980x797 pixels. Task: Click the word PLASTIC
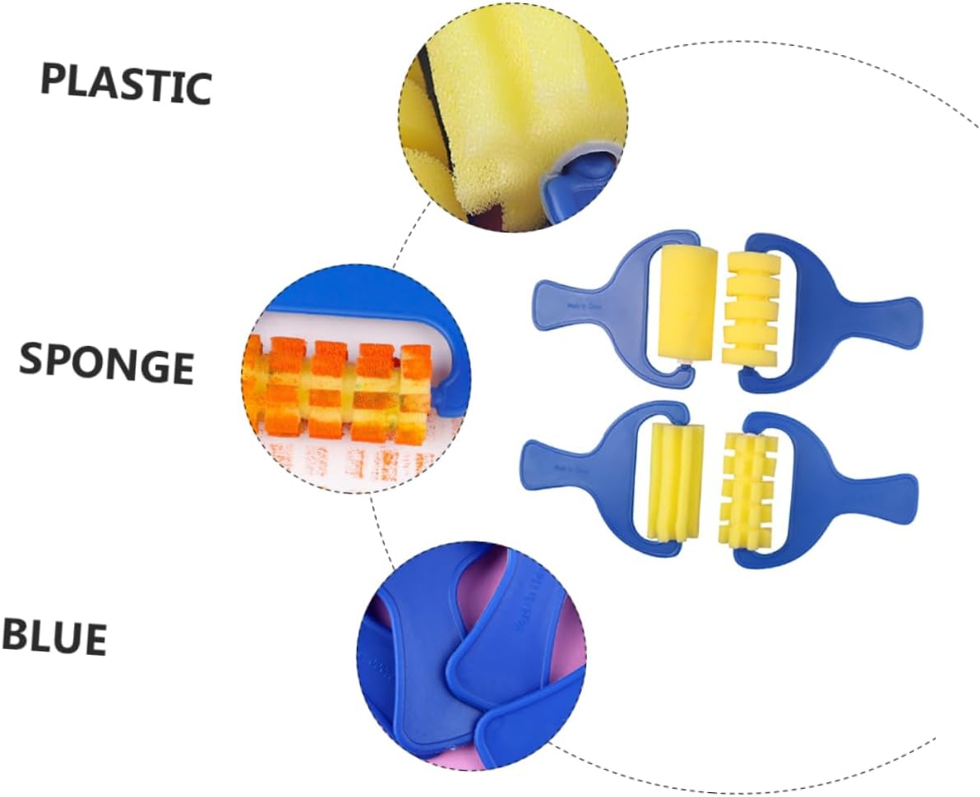pyautogui.click(x=126, y=84)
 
